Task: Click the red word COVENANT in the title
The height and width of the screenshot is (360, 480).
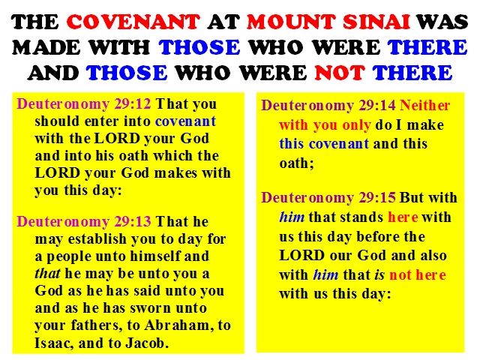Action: pos(133,22)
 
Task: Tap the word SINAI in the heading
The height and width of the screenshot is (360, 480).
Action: pos(376,22)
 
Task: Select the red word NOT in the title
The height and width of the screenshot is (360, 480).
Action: pos(340,73)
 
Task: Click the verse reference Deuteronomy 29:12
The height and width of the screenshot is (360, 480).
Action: pos(84,104)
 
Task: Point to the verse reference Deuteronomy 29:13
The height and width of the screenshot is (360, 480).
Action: pos(84,221)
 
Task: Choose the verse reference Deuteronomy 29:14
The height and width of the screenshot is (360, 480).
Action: pos(328,106)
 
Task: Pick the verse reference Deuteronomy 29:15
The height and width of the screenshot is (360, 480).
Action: pos(328,198)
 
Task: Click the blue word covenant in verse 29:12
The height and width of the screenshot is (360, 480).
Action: pos(185,121)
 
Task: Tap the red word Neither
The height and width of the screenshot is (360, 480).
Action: pos(425,106)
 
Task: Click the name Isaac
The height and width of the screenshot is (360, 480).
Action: pos(54,343)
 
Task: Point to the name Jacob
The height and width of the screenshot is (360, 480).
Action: pos(147,343)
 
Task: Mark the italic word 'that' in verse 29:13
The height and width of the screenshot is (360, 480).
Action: pos(47,273)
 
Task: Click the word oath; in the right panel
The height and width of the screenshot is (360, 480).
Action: pos(297,163)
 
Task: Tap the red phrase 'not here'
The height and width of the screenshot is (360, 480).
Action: pos(417,275)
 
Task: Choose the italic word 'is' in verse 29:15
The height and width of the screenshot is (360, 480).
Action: pos(379,275)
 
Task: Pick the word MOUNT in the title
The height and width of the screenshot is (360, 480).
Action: pos(291,22)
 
